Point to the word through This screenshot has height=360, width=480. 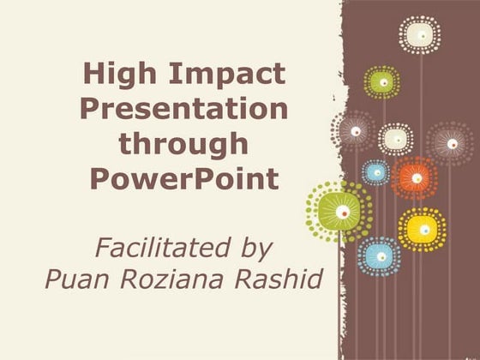(184, 145)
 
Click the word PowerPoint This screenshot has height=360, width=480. (184, 180)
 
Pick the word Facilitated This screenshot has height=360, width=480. (153, 249)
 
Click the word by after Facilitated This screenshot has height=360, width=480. (254, 249)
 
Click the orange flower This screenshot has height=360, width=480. (416, 178)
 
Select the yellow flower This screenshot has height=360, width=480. (422, 228)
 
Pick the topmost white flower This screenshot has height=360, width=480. (419, 35)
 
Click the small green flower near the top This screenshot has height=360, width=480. (382, 82)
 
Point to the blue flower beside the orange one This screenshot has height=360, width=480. (376, 172)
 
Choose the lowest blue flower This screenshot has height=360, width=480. (379, 255)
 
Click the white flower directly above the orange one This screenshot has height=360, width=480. (396, 139)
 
